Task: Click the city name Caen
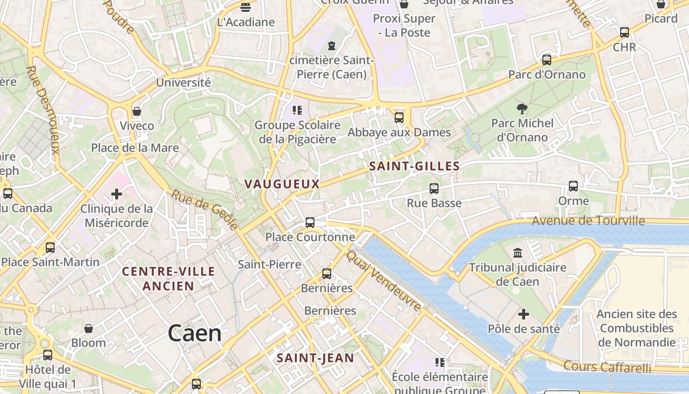[194, 333]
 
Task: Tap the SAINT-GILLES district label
[414, 166]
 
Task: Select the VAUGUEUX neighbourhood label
[282, 184]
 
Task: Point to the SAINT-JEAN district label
[315, 358]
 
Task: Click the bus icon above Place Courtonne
[310, 222]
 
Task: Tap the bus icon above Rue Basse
[434, 188]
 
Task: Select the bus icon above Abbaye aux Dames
[399, 118]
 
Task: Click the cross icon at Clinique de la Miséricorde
[117, 194]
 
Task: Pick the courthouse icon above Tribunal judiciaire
[518, 253]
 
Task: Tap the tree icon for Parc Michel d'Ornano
[522, 108]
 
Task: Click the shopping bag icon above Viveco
[137, 111]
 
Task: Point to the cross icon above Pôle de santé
[524, 314]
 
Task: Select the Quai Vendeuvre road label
[384, 281]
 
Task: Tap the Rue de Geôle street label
[205, 210]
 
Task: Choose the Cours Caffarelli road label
[607, 367]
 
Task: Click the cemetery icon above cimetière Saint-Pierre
[332, 46]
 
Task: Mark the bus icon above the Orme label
[573, 186]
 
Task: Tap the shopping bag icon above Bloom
[89, 328]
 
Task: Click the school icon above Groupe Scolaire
[297, 110]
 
